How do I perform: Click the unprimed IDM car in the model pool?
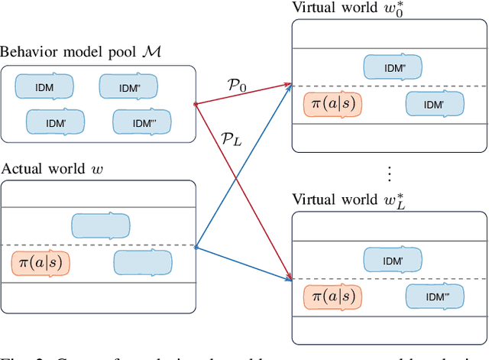click(44, 86)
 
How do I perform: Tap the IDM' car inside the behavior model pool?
click(55, 122)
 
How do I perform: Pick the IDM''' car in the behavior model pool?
click(141, 122)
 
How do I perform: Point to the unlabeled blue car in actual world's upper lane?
click(100, 225)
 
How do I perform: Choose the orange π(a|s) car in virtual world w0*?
click(332, 103)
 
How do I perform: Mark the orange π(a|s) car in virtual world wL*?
click(332, 296)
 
